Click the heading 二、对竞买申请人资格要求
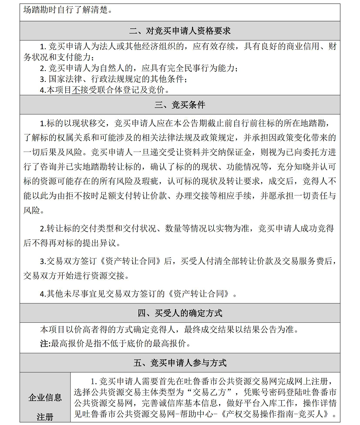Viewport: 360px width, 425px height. click(180, 31)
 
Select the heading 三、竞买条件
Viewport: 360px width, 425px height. click(180, 105)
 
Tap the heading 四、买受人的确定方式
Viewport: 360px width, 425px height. click(180, 313)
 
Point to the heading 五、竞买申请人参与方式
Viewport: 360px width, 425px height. click(180, 363)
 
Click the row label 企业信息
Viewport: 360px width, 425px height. click(45, 397)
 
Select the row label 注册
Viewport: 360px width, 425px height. click(45, 417)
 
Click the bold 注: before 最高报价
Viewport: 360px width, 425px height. click(46, 344)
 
